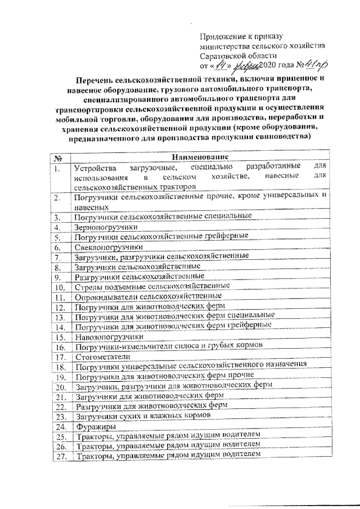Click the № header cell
[58, 158]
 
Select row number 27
[58, 456]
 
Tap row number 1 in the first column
[58, 168]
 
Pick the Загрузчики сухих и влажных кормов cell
[142, 416]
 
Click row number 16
[59, 346]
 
